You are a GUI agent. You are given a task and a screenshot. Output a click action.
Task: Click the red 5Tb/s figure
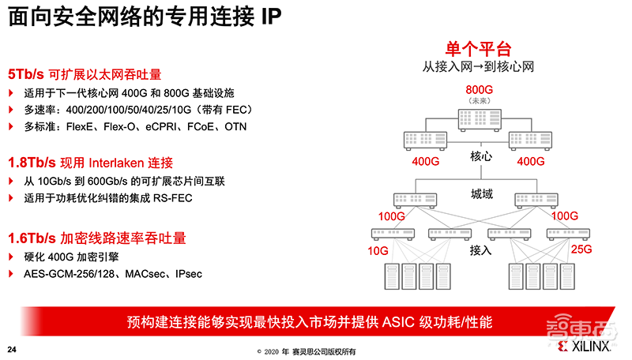(x=25, y=74)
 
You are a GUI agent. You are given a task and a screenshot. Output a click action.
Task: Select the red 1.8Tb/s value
(x=28, y=163)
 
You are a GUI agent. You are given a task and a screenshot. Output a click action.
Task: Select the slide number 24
(x=12, y=349)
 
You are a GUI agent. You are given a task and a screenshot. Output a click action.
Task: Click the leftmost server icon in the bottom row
(x=389, y=276)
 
